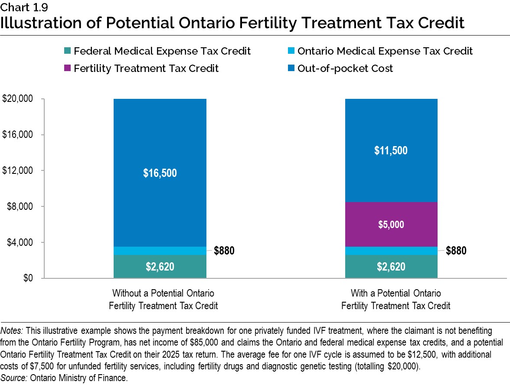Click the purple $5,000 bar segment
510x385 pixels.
[x=391, y=224]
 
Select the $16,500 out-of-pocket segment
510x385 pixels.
[x=160, y=173]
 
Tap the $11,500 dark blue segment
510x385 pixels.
[x=391, y=150]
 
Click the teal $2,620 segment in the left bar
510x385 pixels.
[x=160, y=267]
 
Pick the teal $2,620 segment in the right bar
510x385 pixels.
[x=391, y=267]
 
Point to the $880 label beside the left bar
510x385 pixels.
[x=224, y=251]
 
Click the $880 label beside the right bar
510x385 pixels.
[x=456, y=251]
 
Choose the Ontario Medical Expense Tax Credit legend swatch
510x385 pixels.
[x=292, y=52]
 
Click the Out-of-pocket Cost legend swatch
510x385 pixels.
[x=292, y=69]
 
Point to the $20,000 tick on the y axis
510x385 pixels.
[x=18, y=99]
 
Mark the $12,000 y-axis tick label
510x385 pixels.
[x=18, y=170]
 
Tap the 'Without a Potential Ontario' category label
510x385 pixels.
[x=163, y=293]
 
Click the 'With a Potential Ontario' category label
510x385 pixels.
[x=396, y=293]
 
